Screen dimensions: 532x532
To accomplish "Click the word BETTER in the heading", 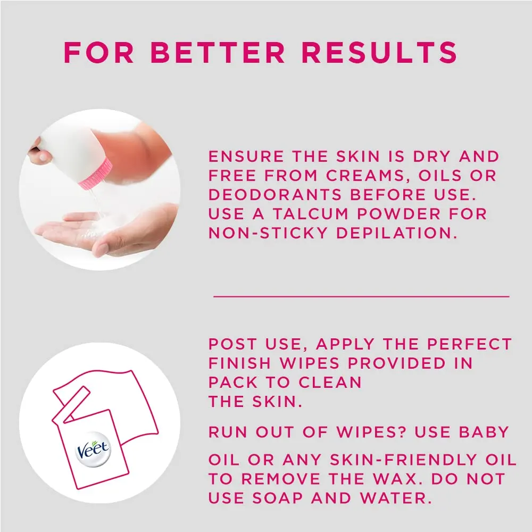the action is coord(218,52).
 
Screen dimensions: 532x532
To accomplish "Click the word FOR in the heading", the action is coord(99,52).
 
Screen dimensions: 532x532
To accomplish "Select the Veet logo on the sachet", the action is coord(93,449).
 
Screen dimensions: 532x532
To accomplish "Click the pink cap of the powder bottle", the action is coord(96,174).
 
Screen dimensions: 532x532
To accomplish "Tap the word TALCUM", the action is coord(311,214).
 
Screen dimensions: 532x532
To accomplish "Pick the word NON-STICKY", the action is coord(268,233).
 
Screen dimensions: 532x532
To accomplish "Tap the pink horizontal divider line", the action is coord(361,296).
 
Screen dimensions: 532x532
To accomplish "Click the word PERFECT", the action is coord(469,344).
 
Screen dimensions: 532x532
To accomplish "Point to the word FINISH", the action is coord(239,363).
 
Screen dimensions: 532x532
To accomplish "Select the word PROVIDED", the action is coord(397,363).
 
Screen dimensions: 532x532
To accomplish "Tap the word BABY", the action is coord(484,432).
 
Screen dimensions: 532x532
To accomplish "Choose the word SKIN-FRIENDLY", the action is coord(404,460).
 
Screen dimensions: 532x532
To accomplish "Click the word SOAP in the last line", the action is coord(278,498).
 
